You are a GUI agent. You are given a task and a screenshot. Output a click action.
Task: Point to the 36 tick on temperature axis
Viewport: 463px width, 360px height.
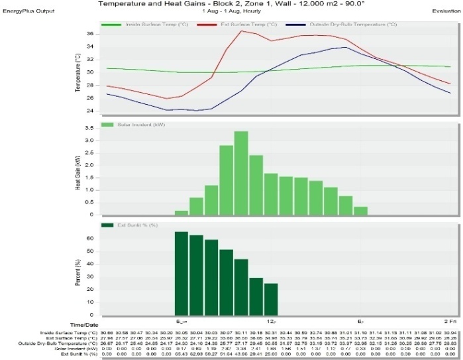(x=91, y=33)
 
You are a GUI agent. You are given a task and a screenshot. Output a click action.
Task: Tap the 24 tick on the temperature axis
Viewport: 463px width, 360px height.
(x=91, y=111)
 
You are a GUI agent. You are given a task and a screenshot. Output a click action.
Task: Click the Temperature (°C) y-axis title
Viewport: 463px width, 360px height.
(x=78, y=72)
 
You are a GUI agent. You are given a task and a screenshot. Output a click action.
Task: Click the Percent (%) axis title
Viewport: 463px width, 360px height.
(x=78, y=271)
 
